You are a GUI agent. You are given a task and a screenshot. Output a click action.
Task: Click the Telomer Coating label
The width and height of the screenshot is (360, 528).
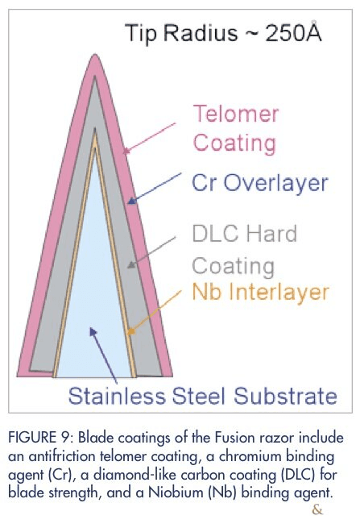[235, 128]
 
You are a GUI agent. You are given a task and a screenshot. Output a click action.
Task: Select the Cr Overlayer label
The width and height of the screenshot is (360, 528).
[260, 183]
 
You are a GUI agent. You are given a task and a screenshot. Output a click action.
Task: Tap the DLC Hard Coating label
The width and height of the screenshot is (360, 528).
[245, 250]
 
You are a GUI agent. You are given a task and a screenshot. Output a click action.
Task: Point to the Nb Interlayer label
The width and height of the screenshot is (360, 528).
[260, 291]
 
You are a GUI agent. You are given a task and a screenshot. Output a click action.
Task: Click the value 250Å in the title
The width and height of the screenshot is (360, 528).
[293, 32]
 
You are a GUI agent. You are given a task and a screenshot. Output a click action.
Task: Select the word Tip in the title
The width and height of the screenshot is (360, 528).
[141, 33]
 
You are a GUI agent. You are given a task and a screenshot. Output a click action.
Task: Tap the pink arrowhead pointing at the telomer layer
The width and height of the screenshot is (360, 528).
[126, 151]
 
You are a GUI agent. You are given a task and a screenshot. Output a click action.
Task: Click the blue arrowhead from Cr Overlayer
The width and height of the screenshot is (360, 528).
[131, 201]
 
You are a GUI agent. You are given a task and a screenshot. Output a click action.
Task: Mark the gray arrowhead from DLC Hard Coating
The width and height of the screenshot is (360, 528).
[131, 264]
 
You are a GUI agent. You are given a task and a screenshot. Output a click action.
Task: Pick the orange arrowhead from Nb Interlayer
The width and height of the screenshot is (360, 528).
[131, 331]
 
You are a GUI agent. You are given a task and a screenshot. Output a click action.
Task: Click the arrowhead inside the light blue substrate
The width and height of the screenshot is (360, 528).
[93, 331]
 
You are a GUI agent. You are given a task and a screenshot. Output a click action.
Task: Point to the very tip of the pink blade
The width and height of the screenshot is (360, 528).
[94, 55]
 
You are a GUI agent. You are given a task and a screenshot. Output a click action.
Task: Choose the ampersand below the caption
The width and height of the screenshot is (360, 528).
[317, 509]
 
